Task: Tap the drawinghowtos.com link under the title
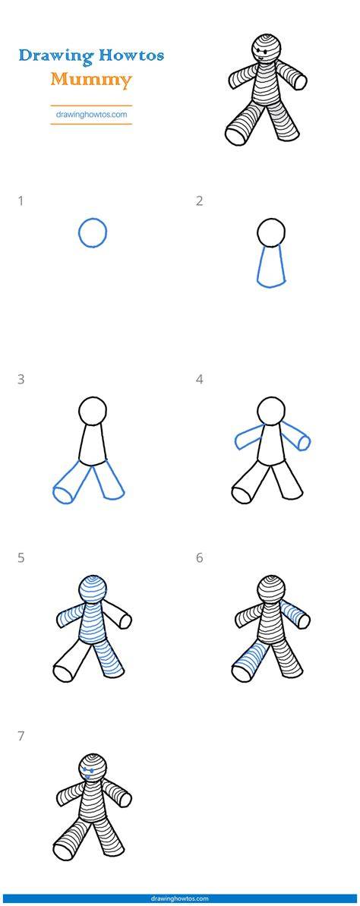[91, 115]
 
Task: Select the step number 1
[21, 201]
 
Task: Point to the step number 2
[199, 201]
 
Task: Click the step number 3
[21, 380]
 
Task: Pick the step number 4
[199, 380]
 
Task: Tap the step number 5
[21, 558]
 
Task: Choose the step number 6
[199, 558]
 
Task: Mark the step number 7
[21, 737]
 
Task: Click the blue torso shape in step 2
[272, 267]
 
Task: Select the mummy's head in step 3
[93, 412]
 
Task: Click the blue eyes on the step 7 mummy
[89, 771]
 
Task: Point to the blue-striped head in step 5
[93, 590]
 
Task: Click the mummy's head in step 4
[272, 412]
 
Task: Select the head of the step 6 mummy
[272, 590]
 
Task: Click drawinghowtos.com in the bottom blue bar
[179, 899]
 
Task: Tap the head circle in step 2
[272, 233]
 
